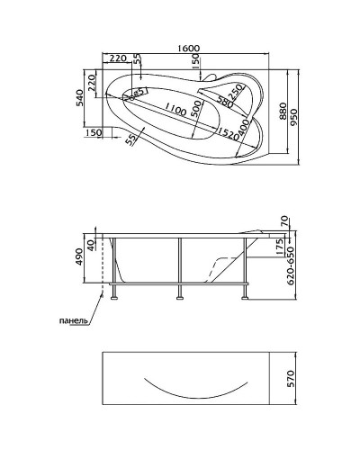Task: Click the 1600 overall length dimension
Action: [x=188, y=49]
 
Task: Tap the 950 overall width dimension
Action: [x=293, y=117]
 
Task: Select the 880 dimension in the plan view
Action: [x=283, y=112]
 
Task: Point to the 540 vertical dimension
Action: [x=80, y=98]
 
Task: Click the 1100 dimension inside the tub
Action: [x=175, y=110]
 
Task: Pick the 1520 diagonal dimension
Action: [x=229, y=134]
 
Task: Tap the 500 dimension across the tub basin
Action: [x=196, y=109]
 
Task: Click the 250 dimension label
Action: [x=235, y=92]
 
